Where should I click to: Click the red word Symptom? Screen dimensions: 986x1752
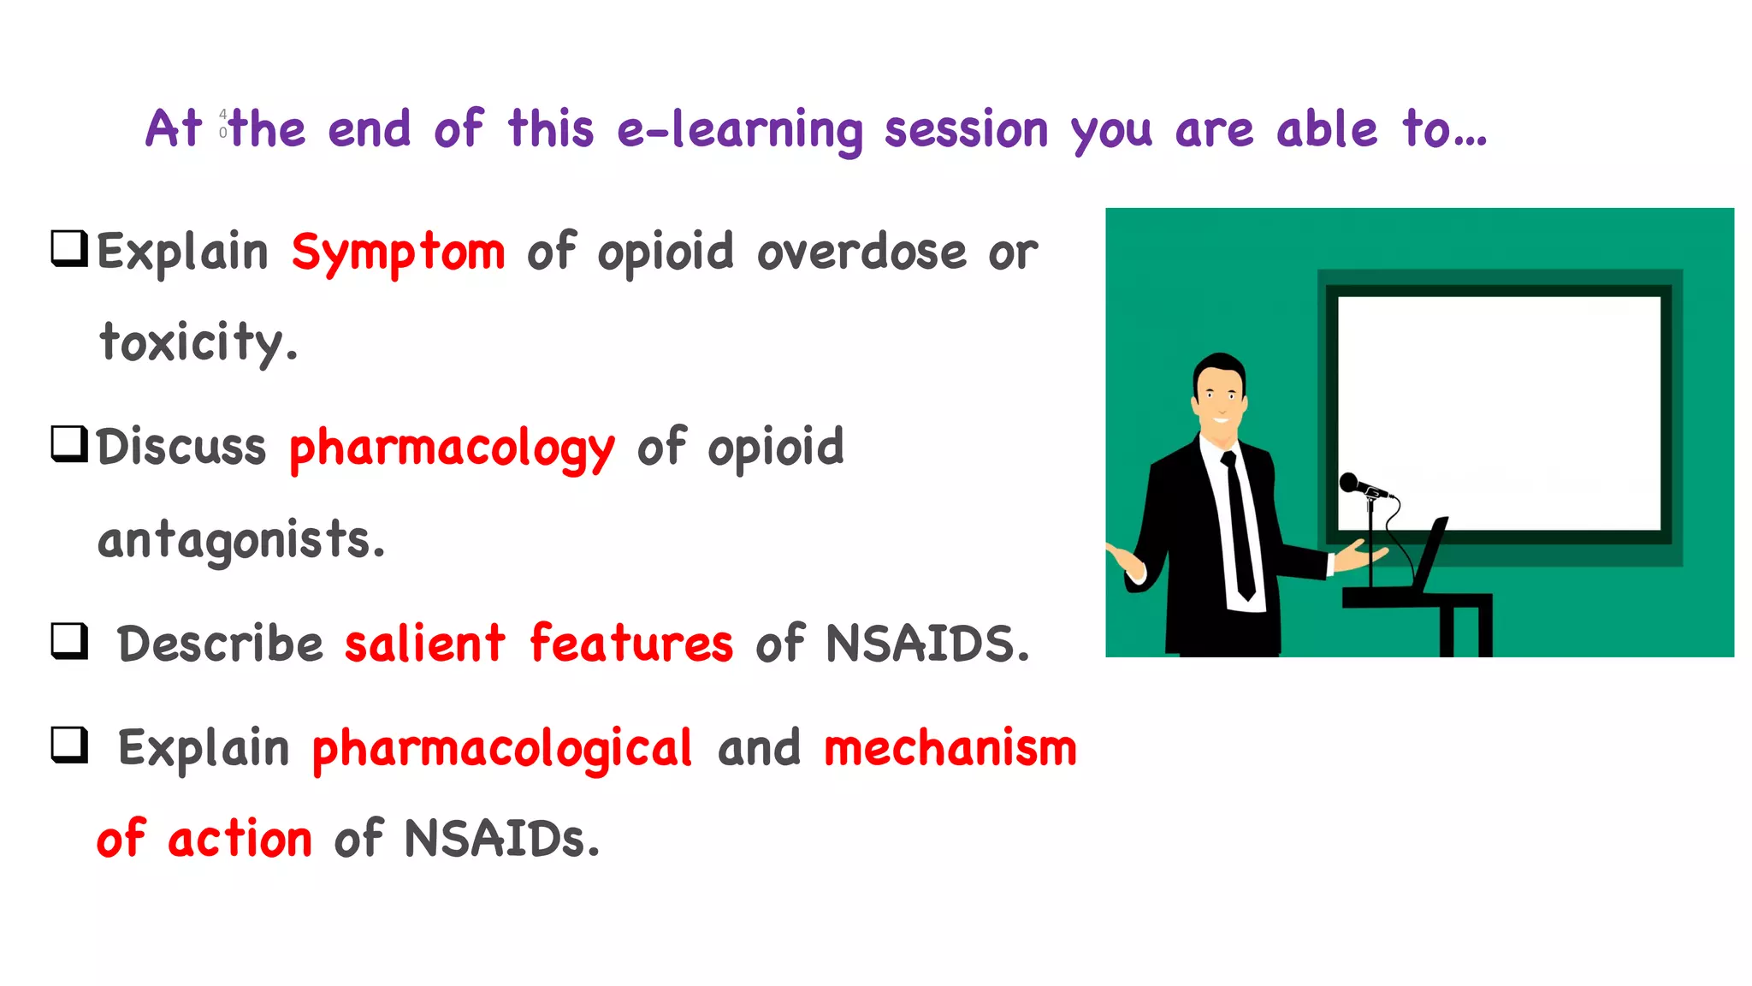[398, 252]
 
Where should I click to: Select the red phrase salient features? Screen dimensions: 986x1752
[538, 644]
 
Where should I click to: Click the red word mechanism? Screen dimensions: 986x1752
[950, 748]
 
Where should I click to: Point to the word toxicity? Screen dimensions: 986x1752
[198, 342]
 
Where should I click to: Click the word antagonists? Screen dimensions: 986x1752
[241, 540]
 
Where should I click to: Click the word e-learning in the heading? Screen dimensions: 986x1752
[739, 130]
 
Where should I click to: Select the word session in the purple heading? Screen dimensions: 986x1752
[966, 130]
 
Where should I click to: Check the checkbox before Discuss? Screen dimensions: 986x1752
[69, 443]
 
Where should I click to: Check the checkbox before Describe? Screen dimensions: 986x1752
[69, 640]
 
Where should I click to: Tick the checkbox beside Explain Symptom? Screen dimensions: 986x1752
[69, 248]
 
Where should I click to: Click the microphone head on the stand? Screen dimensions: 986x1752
[1350, 482]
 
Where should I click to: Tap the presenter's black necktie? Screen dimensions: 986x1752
[1239, 522]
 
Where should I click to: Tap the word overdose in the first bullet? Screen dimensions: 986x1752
[861, 252]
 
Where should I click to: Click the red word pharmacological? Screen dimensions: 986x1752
[501, 748]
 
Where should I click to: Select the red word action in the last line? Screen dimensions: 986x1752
[240, 839]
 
